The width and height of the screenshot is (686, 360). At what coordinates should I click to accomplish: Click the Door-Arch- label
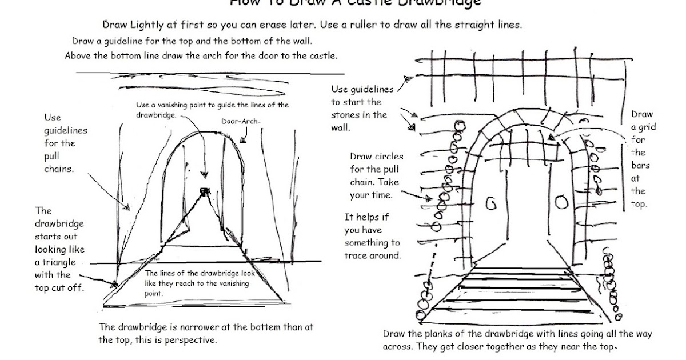236,121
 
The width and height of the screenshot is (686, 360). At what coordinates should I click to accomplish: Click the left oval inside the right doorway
490,203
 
